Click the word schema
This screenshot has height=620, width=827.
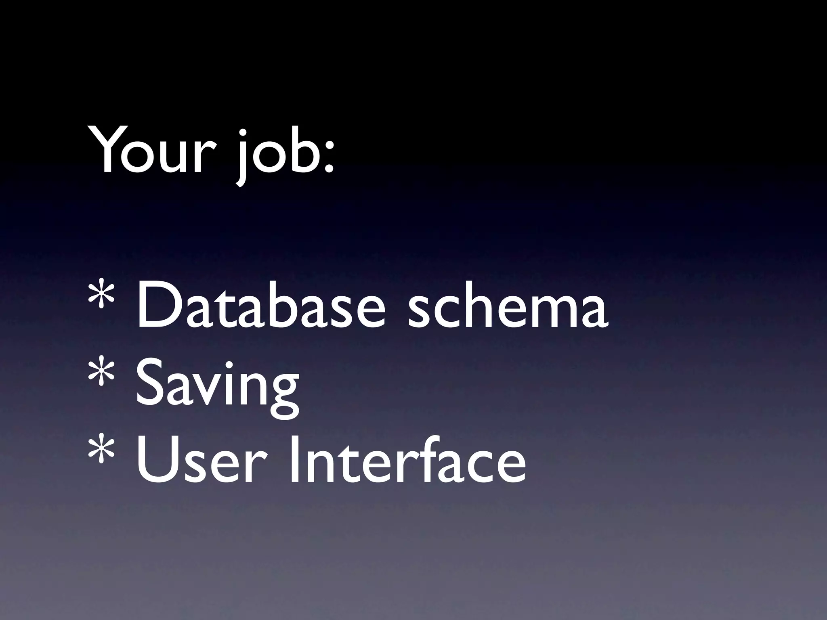[x=507, y=308]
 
